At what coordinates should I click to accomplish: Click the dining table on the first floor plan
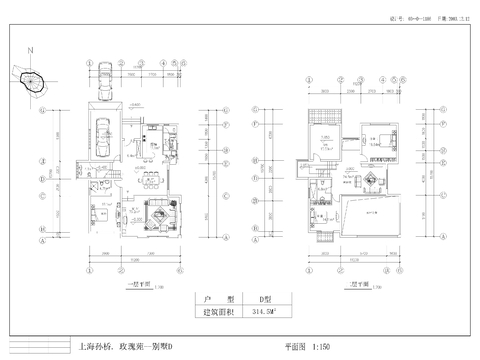click(x=150, y=179)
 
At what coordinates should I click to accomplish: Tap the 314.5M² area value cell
click(x=261, y=313)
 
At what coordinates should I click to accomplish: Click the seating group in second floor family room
click(x=370, y=179)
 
